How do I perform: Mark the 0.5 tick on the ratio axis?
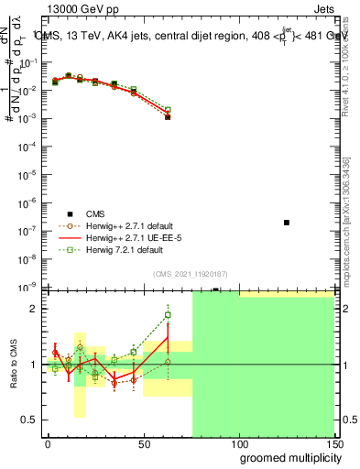[x=30, y=420]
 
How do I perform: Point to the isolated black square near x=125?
[x=287, y=223]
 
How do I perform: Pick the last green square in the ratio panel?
[x=168, y=315]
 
